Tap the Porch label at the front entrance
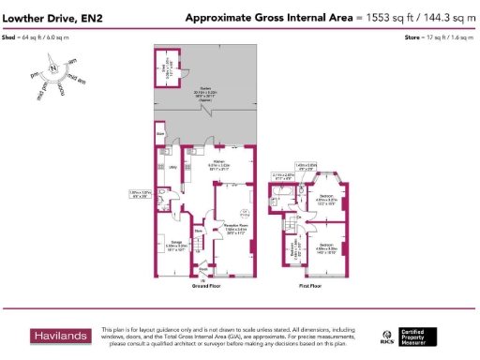[x=202, y=265]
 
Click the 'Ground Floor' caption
[x=207, y=285]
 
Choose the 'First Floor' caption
[x=310, y=285]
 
